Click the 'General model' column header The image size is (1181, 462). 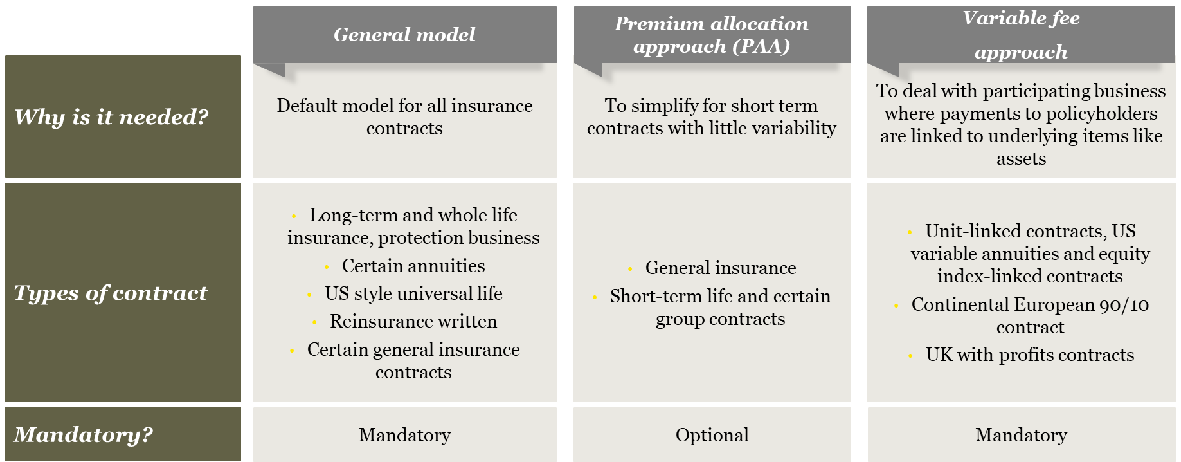(404, 35)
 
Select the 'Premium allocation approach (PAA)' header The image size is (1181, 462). (712, 35)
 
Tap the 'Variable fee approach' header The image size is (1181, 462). (1021, 35)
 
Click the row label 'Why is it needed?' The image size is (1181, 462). (112, 117)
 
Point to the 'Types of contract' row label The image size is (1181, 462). (111, 293)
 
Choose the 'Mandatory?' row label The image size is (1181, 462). (84, 435)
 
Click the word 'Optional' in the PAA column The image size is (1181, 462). (712, 436)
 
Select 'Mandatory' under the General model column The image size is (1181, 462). (404, 436)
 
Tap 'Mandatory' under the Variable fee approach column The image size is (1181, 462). (1021, 436)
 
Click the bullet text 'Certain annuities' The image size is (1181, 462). (413, 266)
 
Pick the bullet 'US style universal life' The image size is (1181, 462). (413, 294)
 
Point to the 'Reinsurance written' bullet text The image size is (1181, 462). (413, 322)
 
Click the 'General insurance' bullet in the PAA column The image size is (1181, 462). (721, 268)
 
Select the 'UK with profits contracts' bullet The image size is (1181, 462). (1030, 355)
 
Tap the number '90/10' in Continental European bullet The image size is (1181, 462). (1124, 305)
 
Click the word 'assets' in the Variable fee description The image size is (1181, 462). (1021, 159)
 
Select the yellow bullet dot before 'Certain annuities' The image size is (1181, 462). (327, 267)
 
